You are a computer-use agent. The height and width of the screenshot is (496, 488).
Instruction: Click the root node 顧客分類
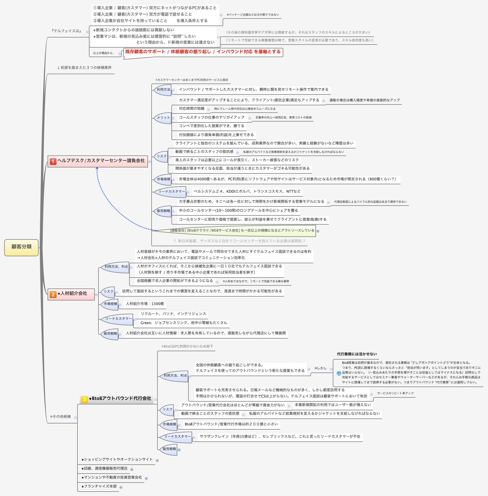[22, 247]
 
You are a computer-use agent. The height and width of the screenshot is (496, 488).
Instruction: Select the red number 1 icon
[53, 161]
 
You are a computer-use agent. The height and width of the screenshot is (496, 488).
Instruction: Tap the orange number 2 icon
[53, 294]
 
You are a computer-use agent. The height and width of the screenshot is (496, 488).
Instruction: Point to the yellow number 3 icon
[84, 400]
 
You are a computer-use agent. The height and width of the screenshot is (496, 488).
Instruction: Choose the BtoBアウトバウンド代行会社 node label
[121, 399]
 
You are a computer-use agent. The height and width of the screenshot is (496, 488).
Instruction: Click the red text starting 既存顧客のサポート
[203, 52]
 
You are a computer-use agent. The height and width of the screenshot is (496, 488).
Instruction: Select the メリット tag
[163, 118]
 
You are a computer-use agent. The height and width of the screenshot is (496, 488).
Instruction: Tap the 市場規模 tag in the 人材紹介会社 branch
[110, 304]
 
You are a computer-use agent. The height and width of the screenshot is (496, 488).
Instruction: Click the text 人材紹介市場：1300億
[145, 304]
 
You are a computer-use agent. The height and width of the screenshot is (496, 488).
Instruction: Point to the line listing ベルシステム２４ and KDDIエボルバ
[247, 192]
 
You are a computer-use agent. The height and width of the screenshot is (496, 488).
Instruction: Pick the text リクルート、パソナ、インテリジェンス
[173, 314]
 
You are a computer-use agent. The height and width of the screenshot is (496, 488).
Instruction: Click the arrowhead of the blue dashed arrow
[97, 168]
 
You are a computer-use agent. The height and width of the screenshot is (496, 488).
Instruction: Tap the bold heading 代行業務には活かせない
[357, 354]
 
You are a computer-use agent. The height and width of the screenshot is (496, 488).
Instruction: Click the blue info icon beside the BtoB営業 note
[339, 373]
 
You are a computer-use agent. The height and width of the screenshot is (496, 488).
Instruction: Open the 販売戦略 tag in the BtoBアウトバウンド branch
[169, 449]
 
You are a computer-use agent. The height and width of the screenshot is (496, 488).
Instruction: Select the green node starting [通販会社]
[242, 230]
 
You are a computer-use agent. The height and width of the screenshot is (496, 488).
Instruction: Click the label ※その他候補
[60, 417]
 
